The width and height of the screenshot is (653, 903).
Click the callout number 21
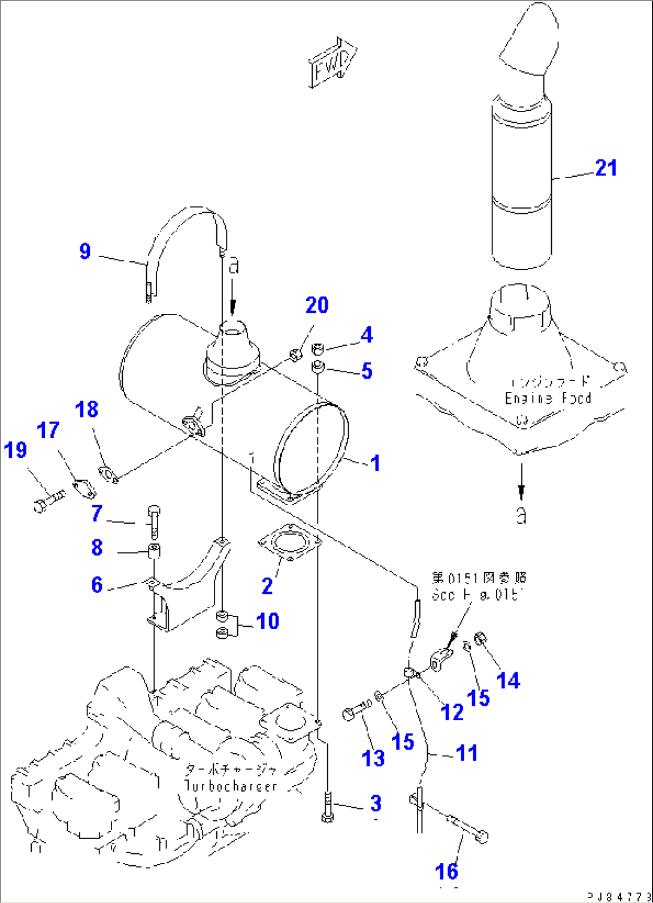click(606, 168)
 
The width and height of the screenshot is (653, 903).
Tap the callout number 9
click(85, 250)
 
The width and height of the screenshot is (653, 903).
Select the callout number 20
click(317, 305)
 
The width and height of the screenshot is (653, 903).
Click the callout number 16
click(447, 871)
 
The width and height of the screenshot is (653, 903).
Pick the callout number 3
click(375, 803)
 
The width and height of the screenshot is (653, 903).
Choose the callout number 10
click(267, 621)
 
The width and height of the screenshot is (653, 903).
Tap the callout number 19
click(16, 449)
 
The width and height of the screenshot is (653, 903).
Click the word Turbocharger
click(231, 786)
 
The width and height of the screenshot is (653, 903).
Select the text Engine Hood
click(548, 398)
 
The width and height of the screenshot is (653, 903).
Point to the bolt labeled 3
click(327, 808)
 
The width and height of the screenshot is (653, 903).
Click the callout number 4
click(366, 335)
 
